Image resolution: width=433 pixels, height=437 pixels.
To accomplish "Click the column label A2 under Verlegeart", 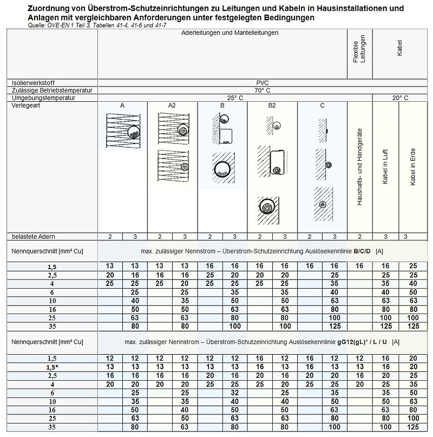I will point(172,106).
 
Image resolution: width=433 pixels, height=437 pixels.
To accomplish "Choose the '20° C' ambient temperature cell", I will point(398,97).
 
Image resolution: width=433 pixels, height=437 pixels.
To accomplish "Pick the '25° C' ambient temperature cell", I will point(234,97).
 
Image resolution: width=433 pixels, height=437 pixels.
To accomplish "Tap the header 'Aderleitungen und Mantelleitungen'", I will point(230,33).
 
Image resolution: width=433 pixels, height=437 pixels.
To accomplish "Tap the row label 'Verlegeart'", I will point(23,106).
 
